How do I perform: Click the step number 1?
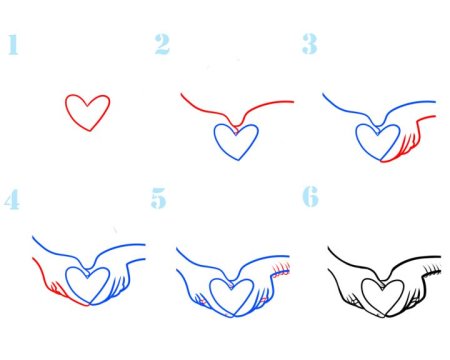(13, 44)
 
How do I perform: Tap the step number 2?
(162, 44)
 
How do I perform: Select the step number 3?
(310, 44)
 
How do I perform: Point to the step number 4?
(12, 199)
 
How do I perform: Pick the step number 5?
(158, 198)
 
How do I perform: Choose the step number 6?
(310, 197)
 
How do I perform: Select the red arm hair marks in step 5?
(281, 269)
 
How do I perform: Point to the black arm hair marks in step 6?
(431, 269)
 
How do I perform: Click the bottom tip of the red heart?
(90, 131)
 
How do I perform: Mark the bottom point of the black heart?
(385, 316)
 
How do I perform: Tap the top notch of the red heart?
(87, 106)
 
